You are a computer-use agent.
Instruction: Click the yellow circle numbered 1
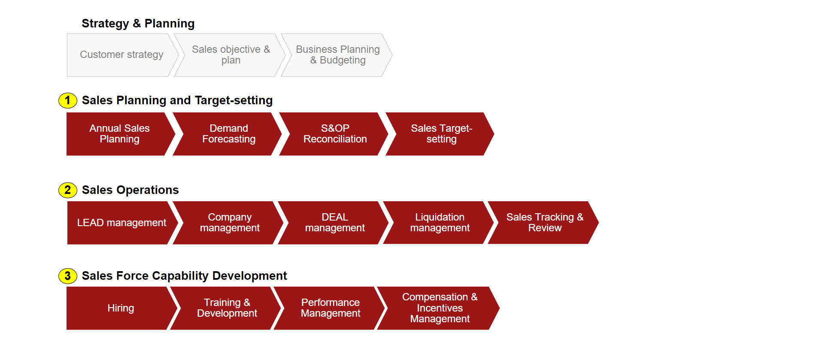68,100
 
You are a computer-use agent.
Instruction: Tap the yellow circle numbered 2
68,190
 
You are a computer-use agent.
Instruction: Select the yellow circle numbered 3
68,276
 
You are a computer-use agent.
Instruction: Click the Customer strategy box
122,55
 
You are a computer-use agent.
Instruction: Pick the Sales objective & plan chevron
230,55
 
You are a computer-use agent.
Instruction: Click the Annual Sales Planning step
120,134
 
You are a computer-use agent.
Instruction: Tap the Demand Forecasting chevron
228,134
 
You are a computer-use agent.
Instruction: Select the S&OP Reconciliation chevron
334,134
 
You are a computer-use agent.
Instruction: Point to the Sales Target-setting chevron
440,134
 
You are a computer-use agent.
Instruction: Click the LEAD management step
122,223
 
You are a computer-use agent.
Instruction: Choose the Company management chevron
228,223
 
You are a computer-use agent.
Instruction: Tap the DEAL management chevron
334,223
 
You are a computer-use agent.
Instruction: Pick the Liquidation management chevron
439,223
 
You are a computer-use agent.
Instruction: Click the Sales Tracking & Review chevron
543,223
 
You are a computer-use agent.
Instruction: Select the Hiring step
121,308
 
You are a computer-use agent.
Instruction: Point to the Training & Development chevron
226,308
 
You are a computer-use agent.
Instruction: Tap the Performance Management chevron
329,308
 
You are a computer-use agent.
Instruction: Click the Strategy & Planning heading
138,24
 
